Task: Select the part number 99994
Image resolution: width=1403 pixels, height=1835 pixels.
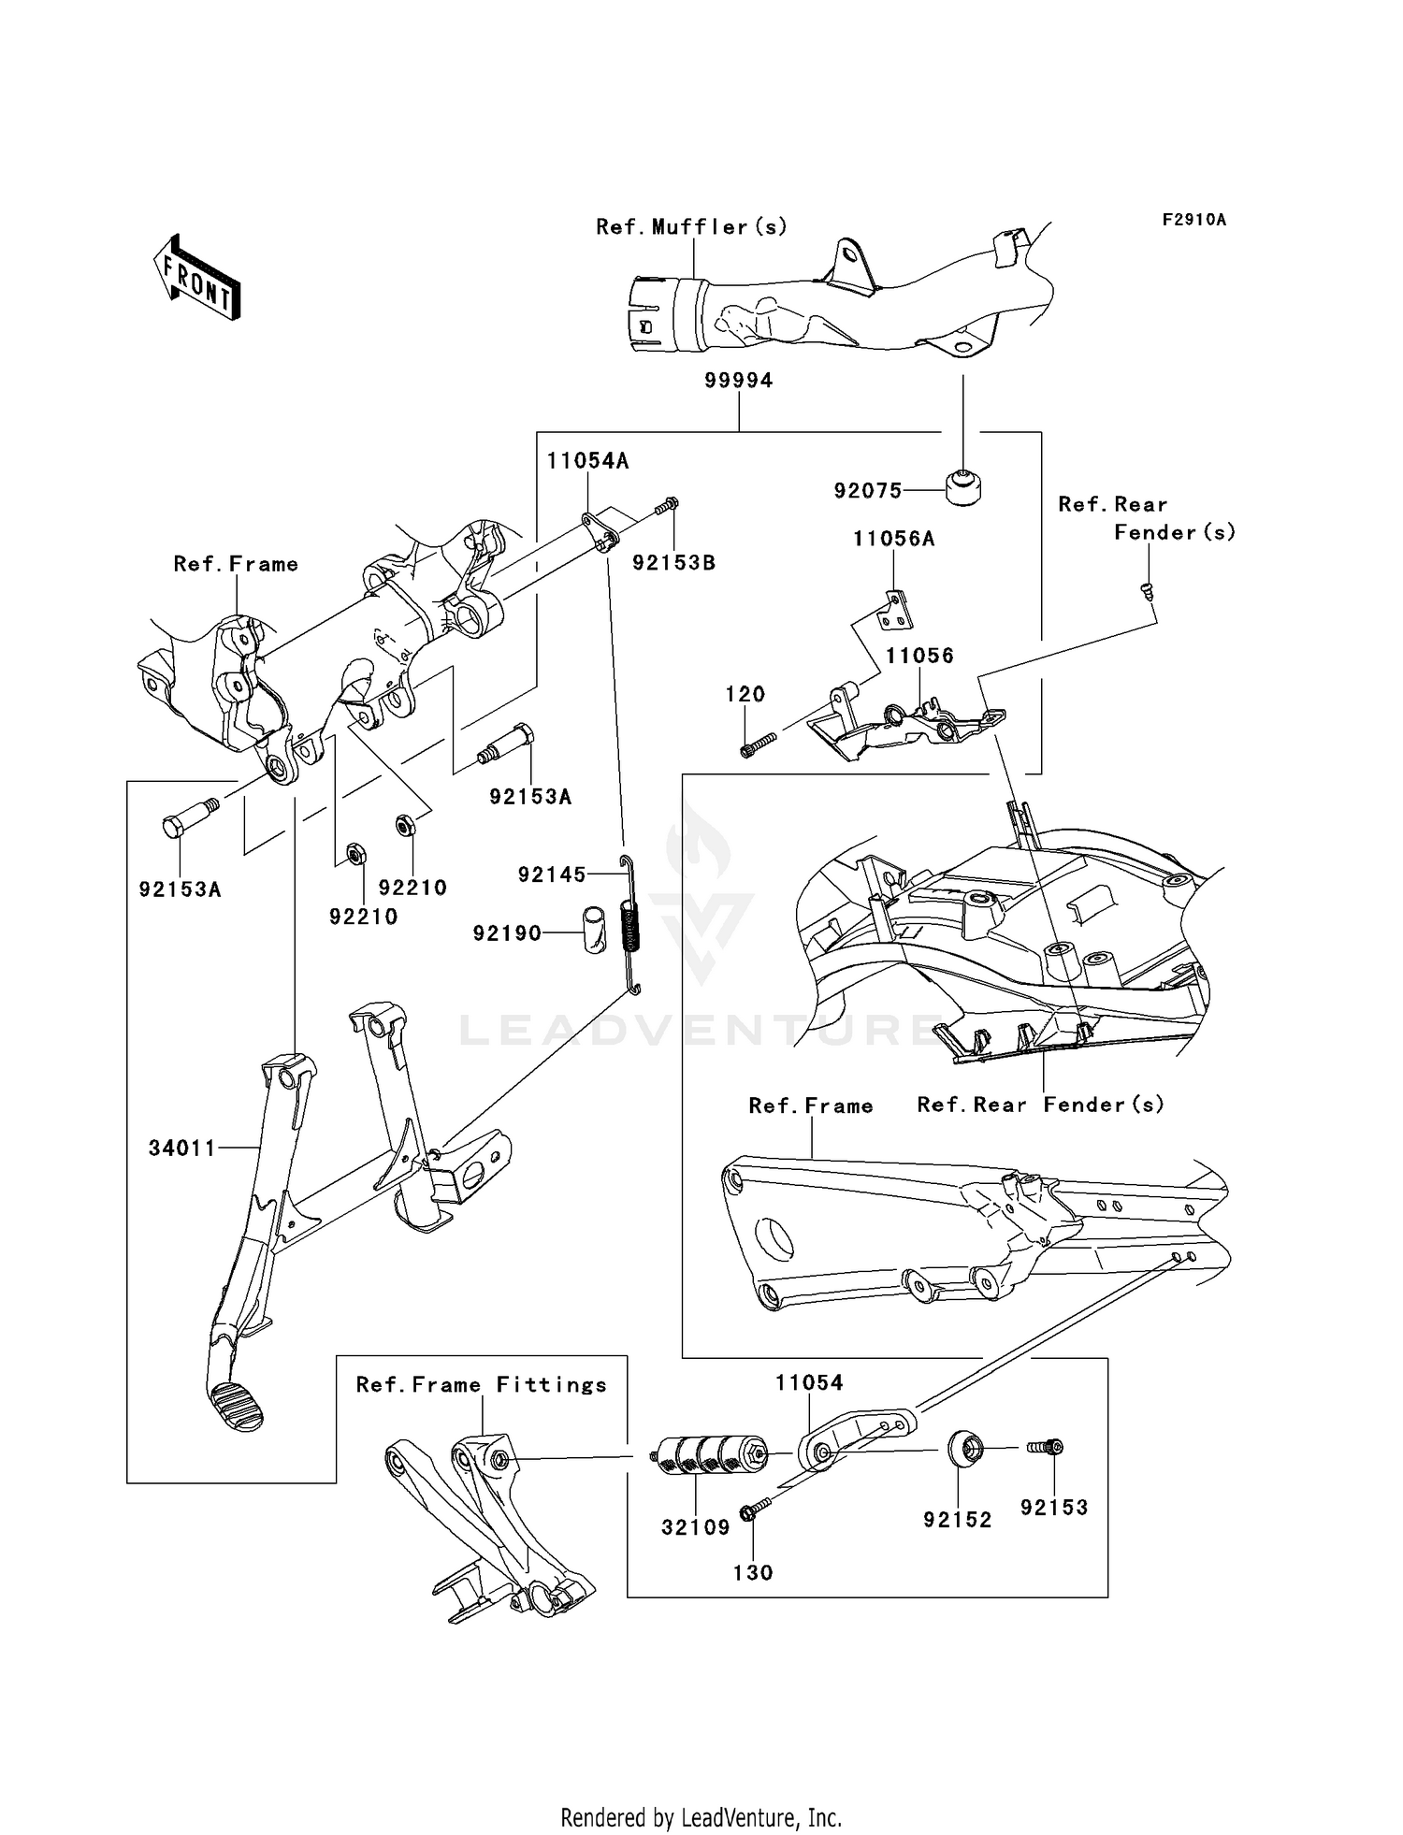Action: click(739, 381)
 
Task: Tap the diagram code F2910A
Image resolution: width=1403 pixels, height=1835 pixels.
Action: click(1194, 220)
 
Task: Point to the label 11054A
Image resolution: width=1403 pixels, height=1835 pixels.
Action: click(587, 461)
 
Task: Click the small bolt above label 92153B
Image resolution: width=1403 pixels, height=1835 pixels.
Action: click(666, 506)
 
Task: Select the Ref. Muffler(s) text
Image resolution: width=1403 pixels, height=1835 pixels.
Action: click(692, 227)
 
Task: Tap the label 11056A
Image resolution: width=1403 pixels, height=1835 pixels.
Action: click(893, 539)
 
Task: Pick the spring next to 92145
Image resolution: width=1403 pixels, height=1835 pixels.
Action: click(633, 924)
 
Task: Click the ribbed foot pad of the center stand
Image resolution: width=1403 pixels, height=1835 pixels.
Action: click(237, 1405)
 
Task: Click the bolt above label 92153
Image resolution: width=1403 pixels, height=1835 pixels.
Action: click(1045, 1447)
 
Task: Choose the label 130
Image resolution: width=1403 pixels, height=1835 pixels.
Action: click(753, 1573)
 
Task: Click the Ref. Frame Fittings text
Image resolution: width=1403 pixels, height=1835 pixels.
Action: click(481, 1385)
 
